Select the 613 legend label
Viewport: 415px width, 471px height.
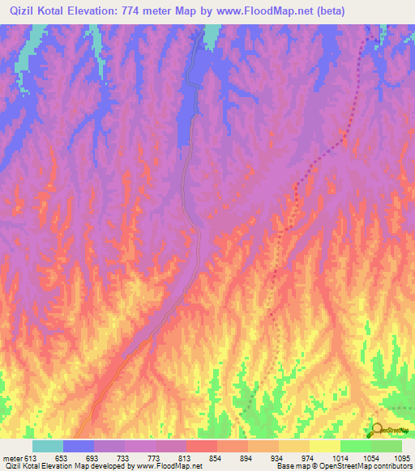pyautogui.click(x=31, y=458)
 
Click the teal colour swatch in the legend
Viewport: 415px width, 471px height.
pyautogui.click(x=48, y=446)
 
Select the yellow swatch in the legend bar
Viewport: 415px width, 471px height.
pyautogui.click(x=325, y=446)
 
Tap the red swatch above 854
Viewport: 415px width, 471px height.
pyautogui.click(x=202, y=446)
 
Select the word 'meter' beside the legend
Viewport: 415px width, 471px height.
pyautogui.click(x=11, y=458)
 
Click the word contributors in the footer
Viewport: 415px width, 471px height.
pyautogui.click(x=394, y=467)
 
